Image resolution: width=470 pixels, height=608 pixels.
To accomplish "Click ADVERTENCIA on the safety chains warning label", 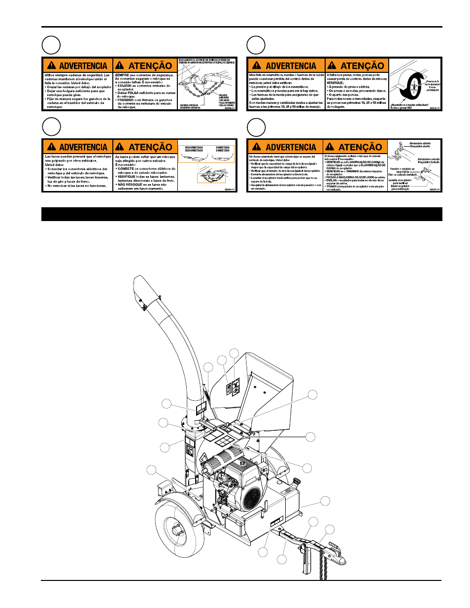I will point(83,66).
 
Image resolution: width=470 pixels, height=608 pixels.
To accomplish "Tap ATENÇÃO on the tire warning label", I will point(362,66).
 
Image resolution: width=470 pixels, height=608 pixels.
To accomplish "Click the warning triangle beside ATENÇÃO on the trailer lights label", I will point(120,147).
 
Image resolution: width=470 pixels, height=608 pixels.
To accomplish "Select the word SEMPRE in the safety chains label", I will point(122,75).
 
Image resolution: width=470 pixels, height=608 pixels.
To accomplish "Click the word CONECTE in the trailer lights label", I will point(126,169).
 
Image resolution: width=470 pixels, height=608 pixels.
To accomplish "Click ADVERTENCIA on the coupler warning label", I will point(291,147).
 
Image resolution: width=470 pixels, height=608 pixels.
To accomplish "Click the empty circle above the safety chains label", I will point(51,45).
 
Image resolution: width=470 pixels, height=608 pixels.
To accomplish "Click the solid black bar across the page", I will point(241,215).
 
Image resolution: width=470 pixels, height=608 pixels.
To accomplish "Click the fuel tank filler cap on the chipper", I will point(297,481).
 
